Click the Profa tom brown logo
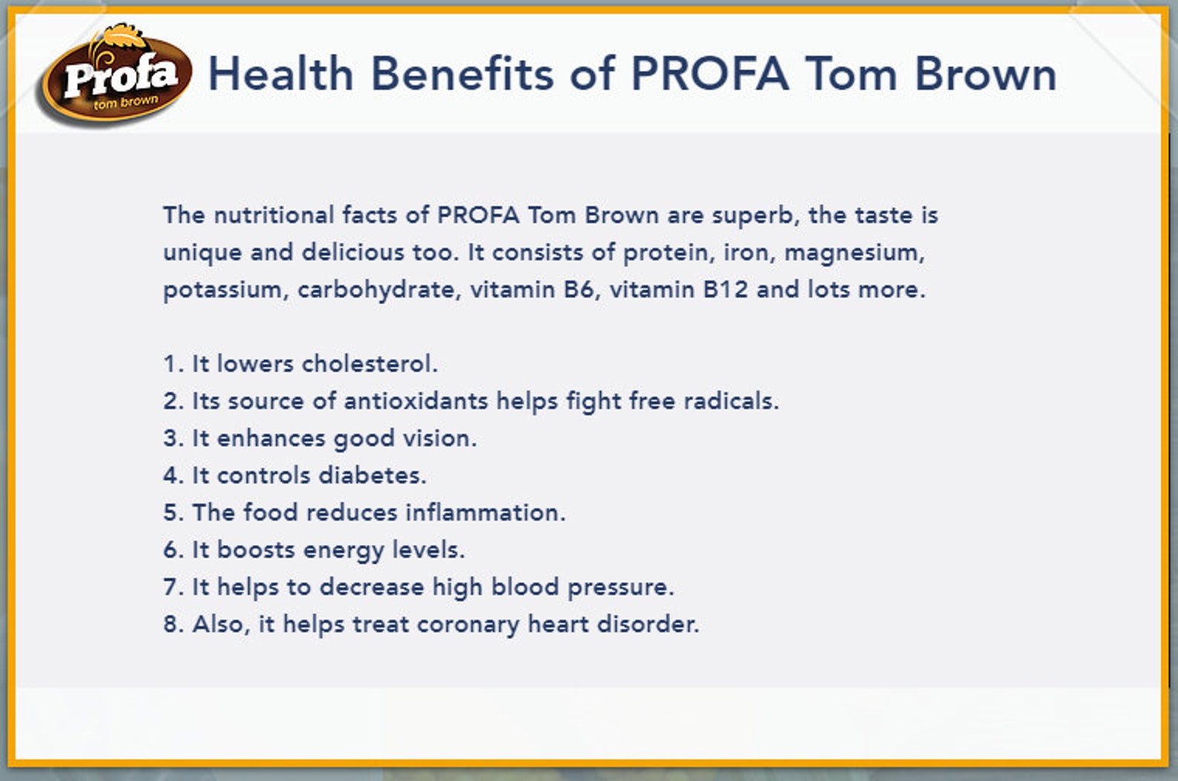(115, 76)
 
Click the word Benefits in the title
(461, 74)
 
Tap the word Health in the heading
(280, 74)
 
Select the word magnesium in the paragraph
(853, 253)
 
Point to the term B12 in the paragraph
(725, 289)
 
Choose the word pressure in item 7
(619, 587)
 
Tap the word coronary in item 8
(467, 625)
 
